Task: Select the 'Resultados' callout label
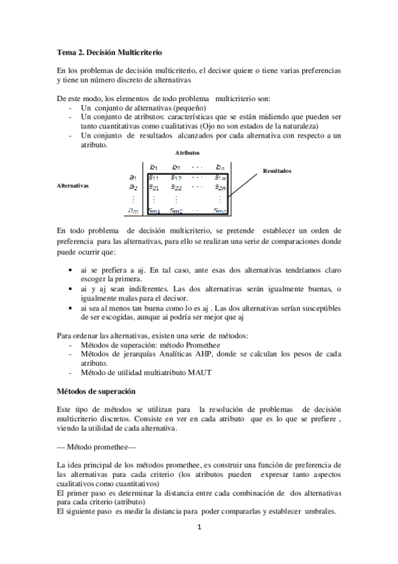(x=277, y=170)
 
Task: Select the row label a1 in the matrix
(x=133, y=177)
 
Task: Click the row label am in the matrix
(x=133, y=211)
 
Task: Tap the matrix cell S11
(x=153, y=177)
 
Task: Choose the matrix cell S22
(x=176, y=188)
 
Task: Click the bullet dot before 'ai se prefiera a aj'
(x=72, y=271)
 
